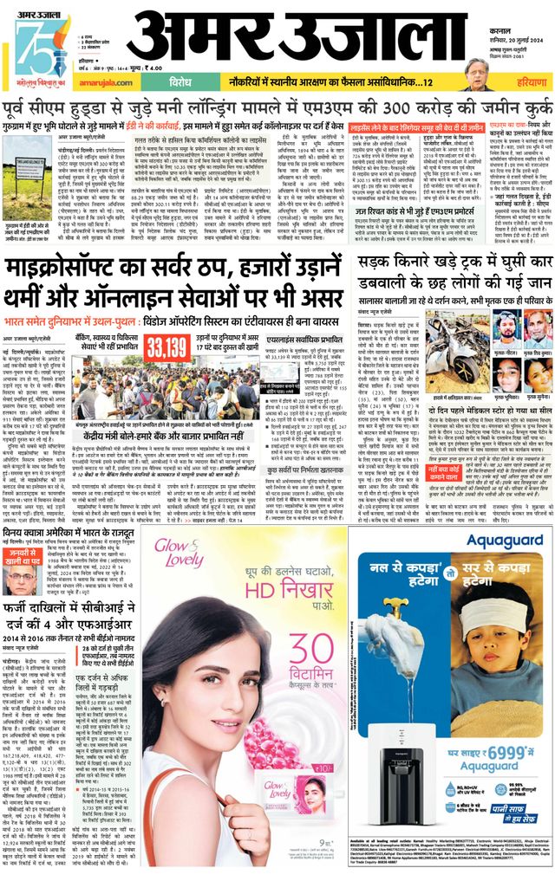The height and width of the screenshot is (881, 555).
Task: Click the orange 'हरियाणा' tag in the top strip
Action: click(522, 83)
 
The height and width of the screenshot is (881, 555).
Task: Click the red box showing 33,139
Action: click(167, 347)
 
